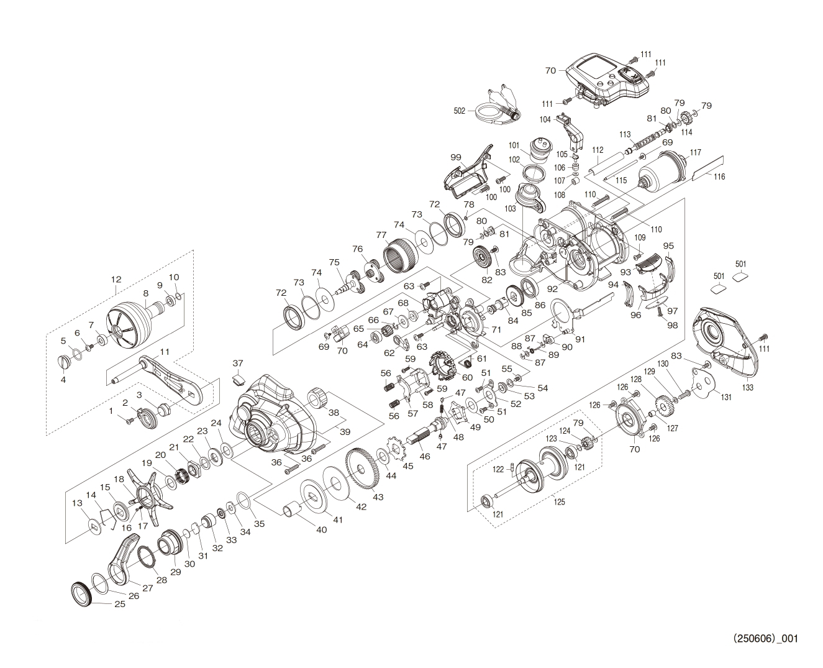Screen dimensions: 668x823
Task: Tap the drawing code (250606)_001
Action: coord(765,638)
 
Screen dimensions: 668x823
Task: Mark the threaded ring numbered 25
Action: coord(81,592)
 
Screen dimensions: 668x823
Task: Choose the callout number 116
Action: coord(719,177)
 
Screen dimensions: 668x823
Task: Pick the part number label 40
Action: coord(321,530)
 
